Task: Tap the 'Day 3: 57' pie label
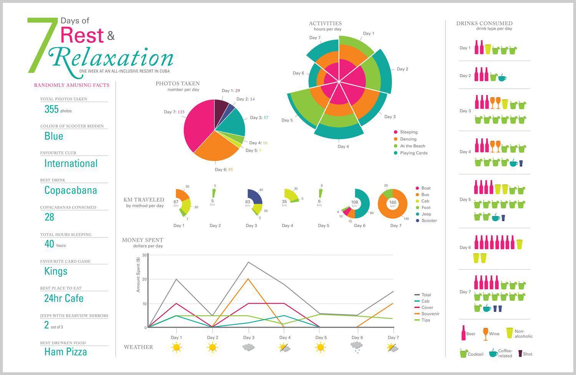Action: click(259, 118)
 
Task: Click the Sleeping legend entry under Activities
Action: click(408, 132)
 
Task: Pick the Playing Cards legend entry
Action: click(413, 153)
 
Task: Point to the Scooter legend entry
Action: click(429, 221)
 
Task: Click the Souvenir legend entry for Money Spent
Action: click(430, 314)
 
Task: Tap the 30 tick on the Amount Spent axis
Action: click(144, 255)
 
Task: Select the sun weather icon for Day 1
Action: click(176, 347)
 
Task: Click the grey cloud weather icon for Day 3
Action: click(248, 347)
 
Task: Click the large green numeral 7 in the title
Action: click(40, 45)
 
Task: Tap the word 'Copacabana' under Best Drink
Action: click(71, 190)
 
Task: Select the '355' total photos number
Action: click(51, 110)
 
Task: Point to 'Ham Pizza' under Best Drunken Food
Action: click(66, 352)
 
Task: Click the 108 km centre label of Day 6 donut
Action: click(354, 202)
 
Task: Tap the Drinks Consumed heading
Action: click(484, 23)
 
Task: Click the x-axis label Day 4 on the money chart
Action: click(285, 337)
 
